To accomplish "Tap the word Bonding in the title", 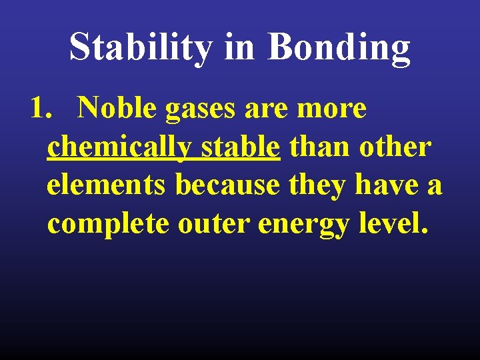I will point(339,47).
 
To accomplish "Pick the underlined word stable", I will point(240,147).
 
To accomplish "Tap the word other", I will point(395,147).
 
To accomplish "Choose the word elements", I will point(106,185).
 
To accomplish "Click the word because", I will point(227,185).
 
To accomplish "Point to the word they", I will point(317,186).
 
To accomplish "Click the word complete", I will point(107,225).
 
